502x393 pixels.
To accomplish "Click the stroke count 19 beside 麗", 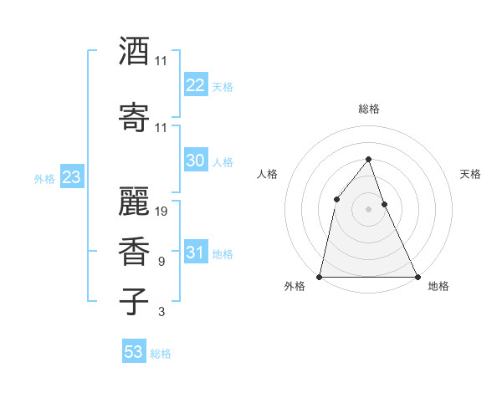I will pos(161,212).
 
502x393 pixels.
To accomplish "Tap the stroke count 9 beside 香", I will pos(161,262).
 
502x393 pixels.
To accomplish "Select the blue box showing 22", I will pos(195,85).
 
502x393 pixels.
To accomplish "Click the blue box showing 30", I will pos(195,161).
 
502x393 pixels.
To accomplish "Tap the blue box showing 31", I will pos(195,253).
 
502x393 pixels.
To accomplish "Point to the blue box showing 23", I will pos(71,177).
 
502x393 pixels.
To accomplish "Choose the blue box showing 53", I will pos(134,352).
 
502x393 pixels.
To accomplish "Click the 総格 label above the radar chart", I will pos(368,109).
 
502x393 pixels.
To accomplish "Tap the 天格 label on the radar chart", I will pos(470,174).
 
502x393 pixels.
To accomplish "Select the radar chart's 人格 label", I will pos(267,174).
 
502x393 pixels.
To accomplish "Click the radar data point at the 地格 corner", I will pos(417,277).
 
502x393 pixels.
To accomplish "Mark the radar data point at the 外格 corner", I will pos(320,277).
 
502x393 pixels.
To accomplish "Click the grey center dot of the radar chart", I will pos(368,208).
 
